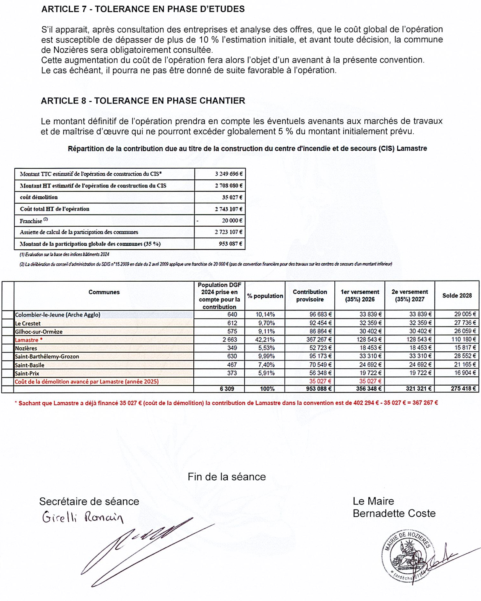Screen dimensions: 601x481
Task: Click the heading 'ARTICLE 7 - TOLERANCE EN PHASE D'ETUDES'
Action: pos(143,9)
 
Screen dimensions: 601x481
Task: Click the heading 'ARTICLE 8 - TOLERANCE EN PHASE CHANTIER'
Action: pos(143,101)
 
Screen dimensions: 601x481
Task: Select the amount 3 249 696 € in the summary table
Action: pos(228,174)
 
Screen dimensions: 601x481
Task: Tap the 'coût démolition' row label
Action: pos(39,197)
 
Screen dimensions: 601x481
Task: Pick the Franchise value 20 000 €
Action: pos(232,221)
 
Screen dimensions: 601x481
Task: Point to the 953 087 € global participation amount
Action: pos(230,244)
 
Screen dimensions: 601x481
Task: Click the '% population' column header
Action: pos(265,296)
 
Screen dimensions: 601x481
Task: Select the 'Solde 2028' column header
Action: pos(457,295)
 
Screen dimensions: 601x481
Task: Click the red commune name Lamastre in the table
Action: pos(26,340)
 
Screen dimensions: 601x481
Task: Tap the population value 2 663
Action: pos(230,340)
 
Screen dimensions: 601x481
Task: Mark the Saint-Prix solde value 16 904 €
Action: pos(465,373)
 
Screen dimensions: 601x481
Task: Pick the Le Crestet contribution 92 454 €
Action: pos(320,323)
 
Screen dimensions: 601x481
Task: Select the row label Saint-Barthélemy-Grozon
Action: pos(47,357)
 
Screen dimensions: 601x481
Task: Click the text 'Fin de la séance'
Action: pos(227,477)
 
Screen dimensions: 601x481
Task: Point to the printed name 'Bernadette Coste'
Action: pos(394,513)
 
